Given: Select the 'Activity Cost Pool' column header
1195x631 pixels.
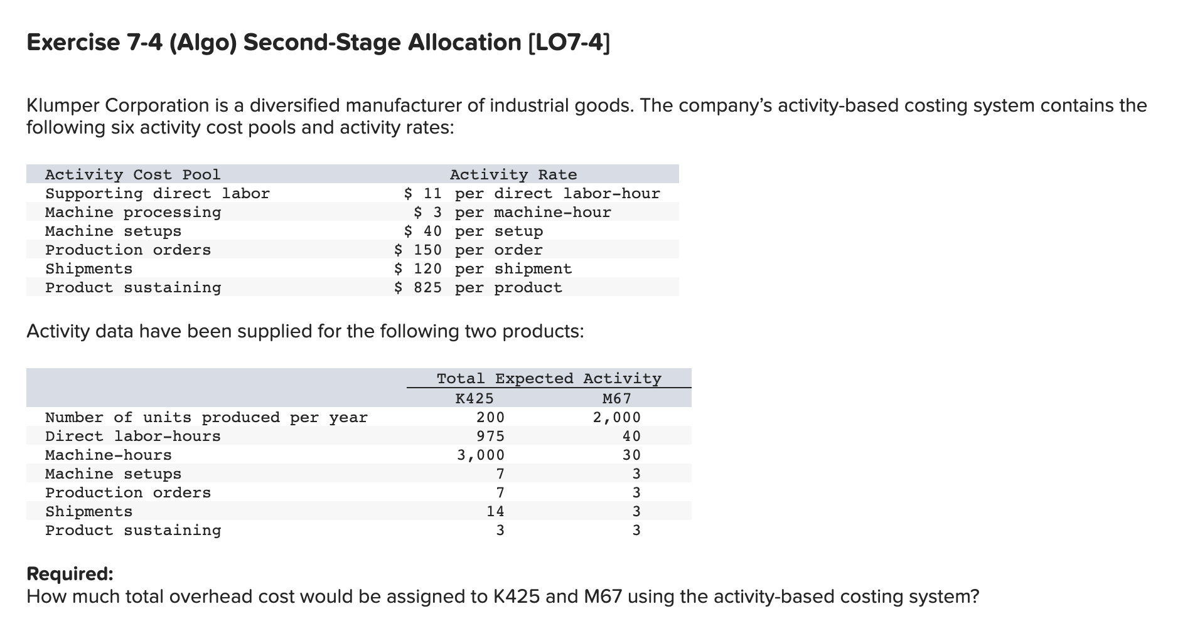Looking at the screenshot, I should [132, 174].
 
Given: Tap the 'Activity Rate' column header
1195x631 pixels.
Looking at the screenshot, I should [513, 174].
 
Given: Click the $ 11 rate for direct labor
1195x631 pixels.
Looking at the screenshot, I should [423, 193].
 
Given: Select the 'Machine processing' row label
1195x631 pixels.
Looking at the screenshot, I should [133, 212].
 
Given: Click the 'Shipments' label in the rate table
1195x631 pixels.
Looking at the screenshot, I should [88, 268].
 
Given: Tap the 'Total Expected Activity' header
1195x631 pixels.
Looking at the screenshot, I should [549, 378].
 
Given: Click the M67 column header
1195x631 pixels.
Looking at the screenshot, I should [616, 398].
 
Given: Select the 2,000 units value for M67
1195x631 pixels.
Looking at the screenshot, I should [617, 417].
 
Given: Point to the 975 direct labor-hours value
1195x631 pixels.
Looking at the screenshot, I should [490, 436].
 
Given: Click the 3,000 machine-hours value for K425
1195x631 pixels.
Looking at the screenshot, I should [480, 455].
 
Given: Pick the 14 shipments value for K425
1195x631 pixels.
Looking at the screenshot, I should [495, 511].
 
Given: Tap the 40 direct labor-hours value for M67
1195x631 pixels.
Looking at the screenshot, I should [631, 436].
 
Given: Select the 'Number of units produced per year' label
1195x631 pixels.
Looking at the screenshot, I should [206, 417].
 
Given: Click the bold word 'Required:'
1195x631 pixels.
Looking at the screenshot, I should [70, 574].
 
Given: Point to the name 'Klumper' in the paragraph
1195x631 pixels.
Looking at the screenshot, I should [63, 105].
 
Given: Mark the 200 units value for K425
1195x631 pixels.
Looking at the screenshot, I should [490, 417].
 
